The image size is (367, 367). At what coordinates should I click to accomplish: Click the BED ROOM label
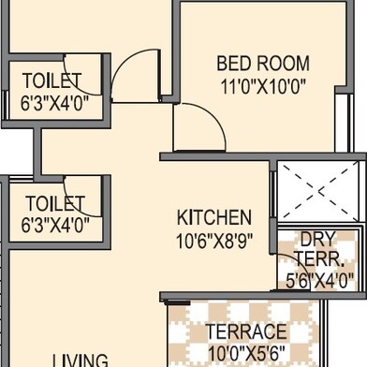[x=263, y=64]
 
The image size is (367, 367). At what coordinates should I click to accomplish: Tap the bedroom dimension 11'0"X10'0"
[x=263, y=86]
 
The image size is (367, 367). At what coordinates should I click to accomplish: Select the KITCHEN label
[x=214, y=217]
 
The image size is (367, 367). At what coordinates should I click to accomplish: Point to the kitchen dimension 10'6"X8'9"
[x=214, y=241]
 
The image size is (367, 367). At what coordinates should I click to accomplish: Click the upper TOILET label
[x=52, y=81]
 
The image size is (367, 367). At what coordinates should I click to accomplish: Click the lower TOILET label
[x=55, y=203]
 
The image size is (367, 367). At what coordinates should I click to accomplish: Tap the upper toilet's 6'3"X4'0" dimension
[x=54, y=103]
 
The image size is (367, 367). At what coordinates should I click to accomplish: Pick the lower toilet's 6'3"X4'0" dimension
[x=55, y=225]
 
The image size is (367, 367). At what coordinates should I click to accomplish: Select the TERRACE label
[x=246, y=331]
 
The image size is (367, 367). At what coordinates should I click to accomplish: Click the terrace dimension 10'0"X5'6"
[x=246, y=353]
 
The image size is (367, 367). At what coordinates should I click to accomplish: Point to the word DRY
[x=318, y=239]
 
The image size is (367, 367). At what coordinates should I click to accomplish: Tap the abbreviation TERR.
[x=320, y=258]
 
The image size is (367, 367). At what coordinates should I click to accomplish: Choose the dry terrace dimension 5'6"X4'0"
[x=320, y=280]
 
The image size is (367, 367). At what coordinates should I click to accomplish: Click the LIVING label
[x=81, y=360]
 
